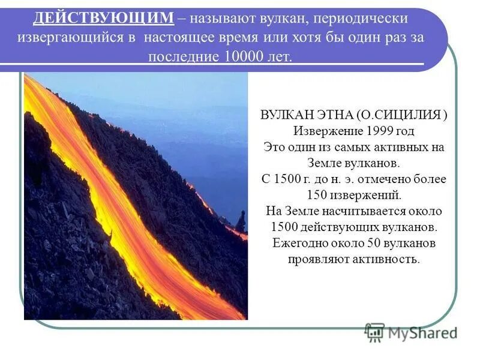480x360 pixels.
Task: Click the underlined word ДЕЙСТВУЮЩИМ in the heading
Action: (x=104, y=19)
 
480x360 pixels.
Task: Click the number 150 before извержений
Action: (x=317, y=195)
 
